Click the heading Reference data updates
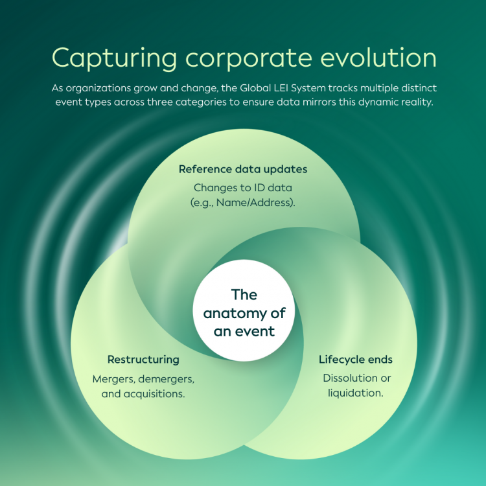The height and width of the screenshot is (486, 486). click(x=243, y=169)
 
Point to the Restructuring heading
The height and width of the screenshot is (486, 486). click(x=143, y=360)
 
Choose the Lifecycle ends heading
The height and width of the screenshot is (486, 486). click(x=356, y=360)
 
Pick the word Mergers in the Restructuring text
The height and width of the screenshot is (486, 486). click(x=113, y=378)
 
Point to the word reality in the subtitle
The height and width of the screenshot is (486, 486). click(x=415, y=102)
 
